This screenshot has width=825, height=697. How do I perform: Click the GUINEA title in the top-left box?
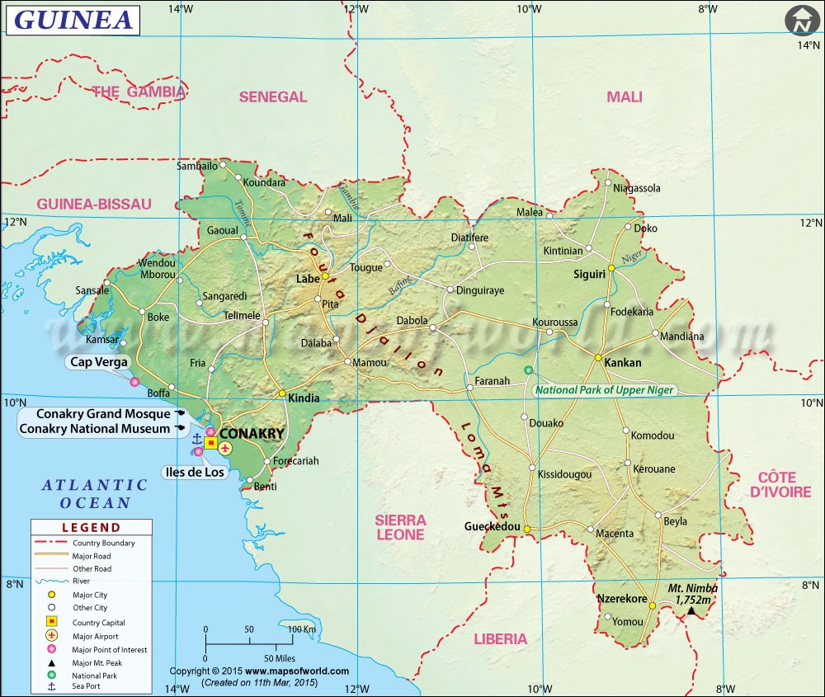[x=73, y=20]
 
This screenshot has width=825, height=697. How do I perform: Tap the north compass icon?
[x=800, y=21]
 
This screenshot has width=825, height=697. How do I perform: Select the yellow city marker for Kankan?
[x=598, y=357]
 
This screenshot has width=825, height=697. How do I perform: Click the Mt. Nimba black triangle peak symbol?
[x=691, y=610]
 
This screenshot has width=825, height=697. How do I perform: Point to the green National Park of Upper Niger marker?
[x=528, y=370]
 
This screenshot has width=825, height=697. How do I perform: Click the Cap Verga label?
[x=99, y=361]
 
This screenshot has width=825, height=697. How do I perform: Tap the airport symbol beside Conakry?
[x=224, y=447]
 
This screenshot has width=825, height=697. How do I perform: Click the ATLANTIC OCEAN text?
[x=95, y=494]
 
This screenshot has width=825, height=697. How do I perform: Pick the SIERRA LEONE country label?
[x=400, y=527]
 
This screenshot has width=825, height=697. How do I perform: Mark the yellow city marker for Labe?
[x=325, y=277]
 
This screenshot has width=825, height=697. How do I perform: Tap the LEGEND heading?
[x=92, y=528]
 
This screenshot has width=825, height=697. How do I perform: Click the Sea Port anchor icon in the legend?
[x=51, y=686]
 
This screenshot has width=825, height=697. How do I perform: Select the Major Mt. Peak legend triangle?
[x=51, y=663]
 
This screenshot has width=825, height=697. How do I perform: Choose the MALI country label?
[x=624, y=97]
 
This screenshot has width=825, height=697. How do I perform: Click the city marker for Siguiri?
[x=611, y=268]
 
